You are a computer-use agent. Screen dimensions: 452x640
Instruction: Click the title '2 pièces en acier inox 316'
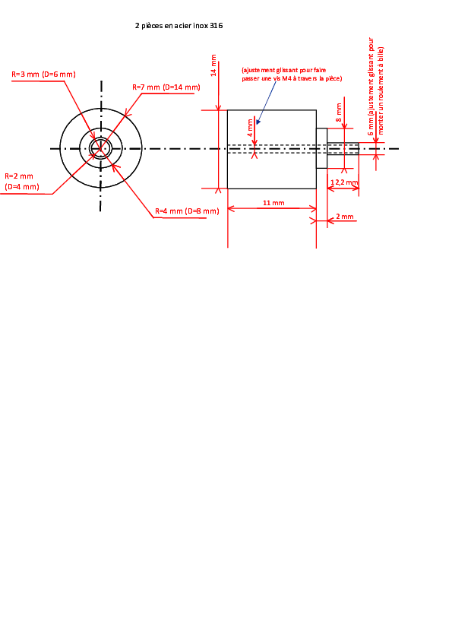point(179,26)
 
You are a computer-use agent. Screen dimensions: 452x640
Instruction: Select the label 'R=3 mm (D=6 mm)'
point(43,74)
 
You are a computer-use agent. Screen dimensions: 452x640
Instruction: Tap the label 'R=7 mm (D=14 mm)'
point(166,87)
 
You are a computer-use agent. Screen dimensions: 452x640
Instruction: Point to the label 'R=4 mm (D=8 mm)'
point(187,211)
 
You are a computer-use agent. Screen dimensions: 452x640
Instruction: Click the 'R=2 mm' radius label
point(19,176)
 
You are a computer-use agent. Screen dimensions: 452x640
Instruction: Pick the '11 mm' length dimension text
point(273,203)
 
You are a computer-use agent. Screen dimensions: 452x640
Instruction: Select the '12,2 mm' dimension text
point(344,182)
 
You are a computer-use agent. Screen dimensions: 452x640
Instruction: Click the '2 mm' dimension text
point(345,217)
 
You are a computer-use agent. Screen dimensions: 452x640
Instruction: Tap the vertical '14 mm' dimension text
point(213,65)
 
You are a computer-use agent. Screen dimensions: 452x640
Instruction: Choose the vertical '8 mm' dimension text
point(339,112)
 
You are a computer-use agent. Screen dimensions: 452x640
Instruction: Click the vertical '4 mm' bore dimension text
point(250,128)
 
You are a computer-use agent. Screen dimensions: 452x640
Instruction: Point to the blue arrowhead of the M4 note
point(258,122)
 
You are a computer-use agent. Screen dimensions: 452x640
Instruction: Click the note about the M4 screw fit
point(292,74)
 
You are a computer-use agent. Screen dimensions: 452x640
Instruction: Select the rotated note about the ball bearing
point(376,87)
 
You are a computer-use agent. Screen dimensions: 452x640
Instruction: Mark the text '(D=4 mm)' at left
point(22,187)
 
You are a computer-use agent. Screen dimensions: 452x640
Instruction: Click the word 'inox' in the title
point(201,26)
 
